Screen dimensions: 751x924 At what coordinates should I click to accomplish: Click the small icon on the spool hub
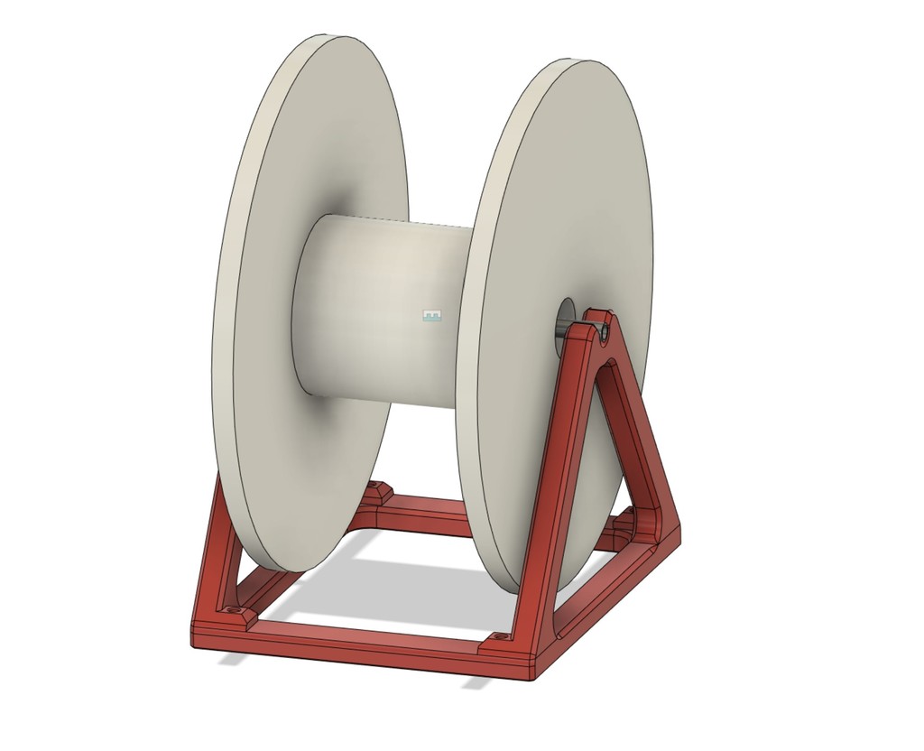tap(434, 316)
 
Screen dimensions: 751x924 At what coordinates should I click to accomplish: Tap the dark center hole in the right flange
tap(565, 317)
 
